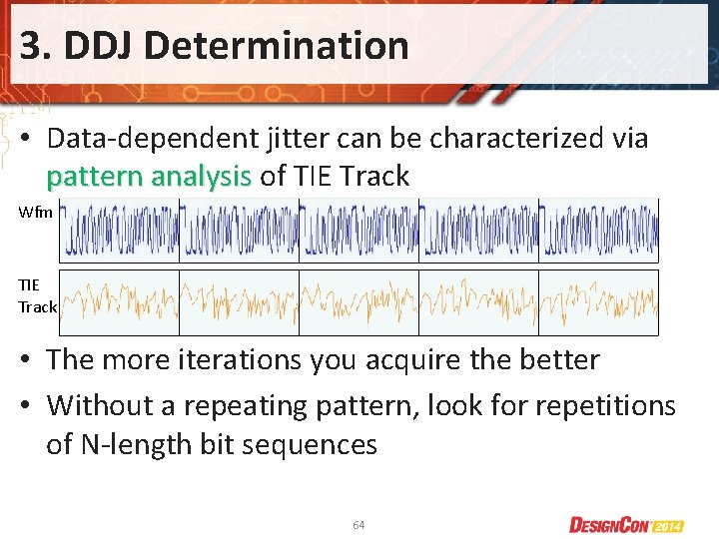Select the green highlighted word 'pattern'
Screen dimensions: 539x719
[98, 177]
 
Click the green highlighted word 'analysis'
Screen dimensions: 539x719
[203, 177]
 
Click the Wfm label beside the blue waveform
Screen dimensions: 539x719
[35, 212]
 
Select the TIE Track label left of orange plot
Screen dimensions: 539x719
[37, 296]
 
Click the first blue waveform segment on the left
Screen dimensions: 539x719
[120, 231]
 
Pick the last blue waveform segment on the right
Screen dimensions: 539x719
[599, 231]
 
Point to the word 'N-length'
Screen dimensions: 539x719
[147, 444]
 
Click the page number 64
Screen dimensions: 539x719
[359, 524]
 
